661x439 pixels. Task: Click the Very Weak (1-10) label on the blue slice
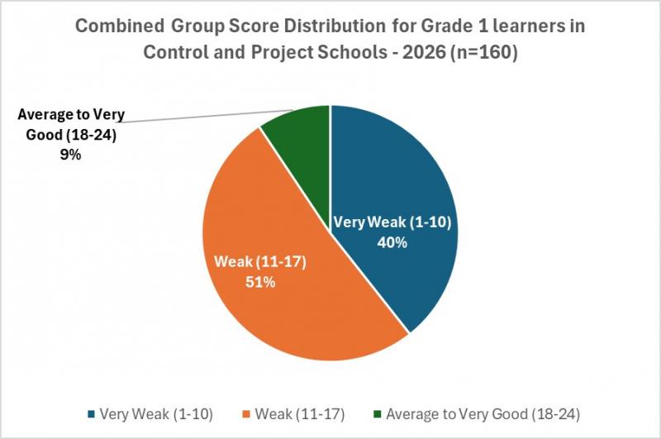393,223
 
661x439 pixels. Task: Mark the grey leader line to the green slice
207,117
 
